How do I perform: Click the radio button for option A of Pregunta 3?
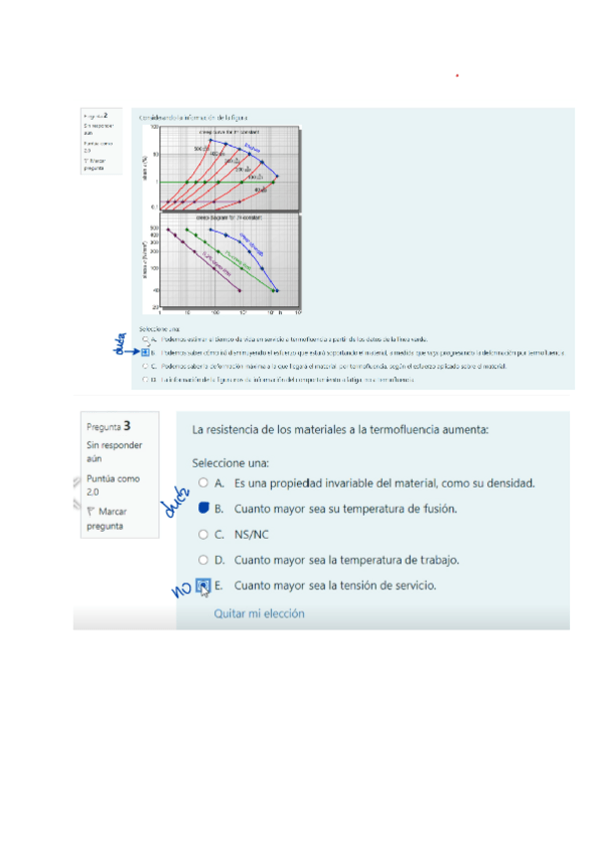(x=203, y=483)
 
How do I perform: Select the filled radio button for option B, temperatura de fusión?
(x=203, y=509)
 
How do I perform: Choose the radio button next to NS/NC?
(x=203, y=535)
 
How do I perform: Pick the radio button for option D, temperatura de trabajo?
(x=203, y=560)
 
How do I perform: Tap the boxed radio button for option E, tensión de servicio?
(x=202, y=586)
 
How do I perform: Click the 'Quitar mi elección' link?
(x=259, y=614)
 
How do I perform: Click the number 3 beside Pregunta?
(x=129, y=426)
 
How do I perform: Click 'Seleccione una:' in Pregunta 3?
(x=229, y=462)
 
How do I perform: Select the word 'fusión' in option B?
(x=437, y=509)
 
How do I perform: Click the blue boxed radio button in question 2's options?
(x=146, y=352)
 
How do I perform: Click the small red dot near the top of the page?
(x=455, y=76)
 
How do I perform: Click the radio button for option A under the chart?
(x=145, y=339)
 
